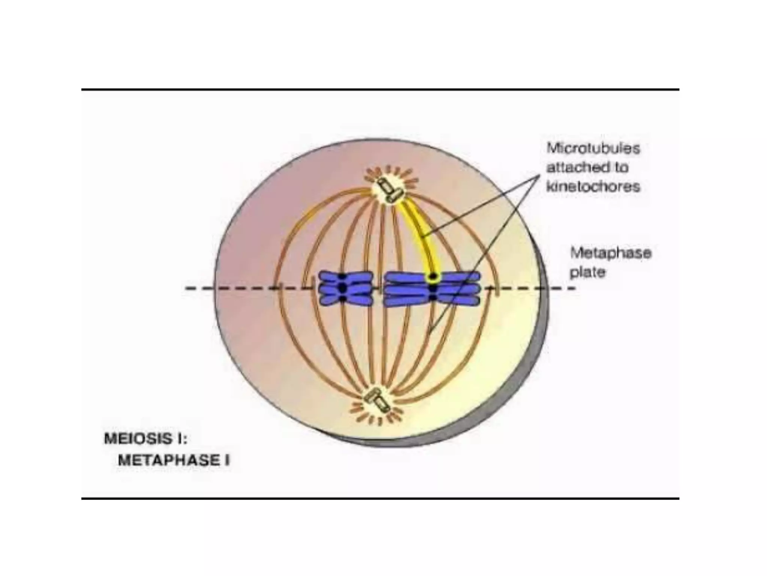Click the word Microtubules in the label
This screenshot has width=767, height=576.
pos(593,148)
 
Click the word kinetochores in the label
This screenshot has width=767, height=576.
pos(593,186)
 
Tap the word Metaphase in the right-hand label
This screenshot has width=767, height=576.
pos(610,253)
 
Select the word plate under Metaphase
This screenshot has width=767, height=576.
pos(587,273)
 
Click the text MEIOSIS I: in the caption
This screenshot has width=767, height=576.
pos(145,439)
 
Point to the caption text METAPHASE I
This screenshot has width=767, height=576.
pos(174,460)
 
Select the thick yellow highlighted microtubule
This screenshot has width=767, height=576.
pos(419,232)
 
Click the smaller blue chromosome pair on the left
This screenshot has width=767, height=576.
pos(345,288)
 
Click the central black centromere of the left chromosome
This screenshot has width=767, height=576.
pos(342,288)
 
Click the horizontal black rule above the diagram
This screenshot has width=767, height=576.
pos(380,90)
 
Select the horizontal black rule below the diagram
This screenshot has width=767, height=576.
pos(380,498)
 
